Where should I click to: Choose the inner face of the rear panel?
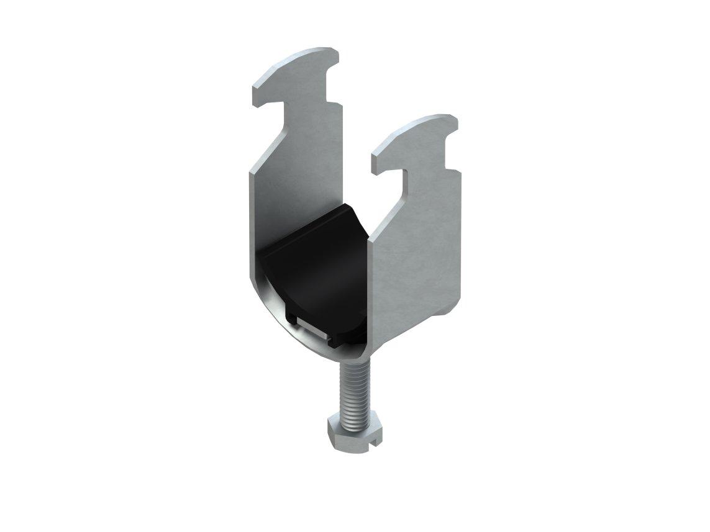point(292,180)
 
